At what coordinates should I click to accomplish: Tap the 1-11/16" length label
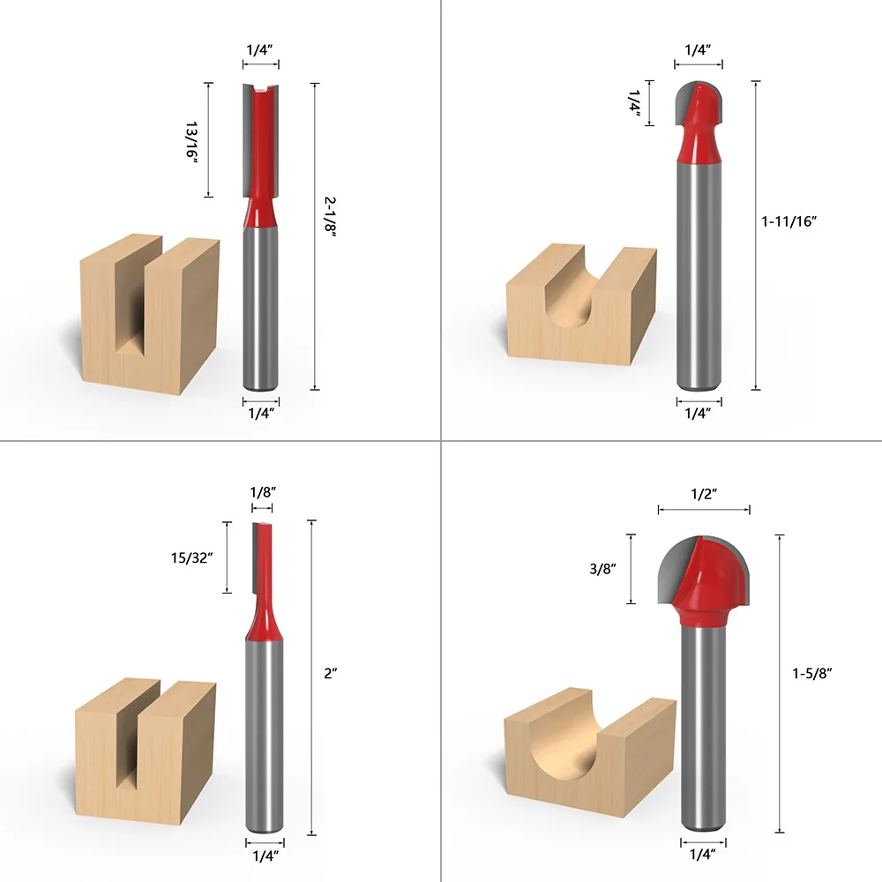coord(790,222)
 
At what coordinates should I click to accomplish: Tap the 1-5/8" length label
coord(812,672)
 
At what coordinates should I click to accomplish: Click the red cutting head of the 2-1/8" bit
coord(261,150)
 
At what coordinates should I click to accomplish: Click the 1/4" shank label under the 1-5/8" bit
coord(703,852)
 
